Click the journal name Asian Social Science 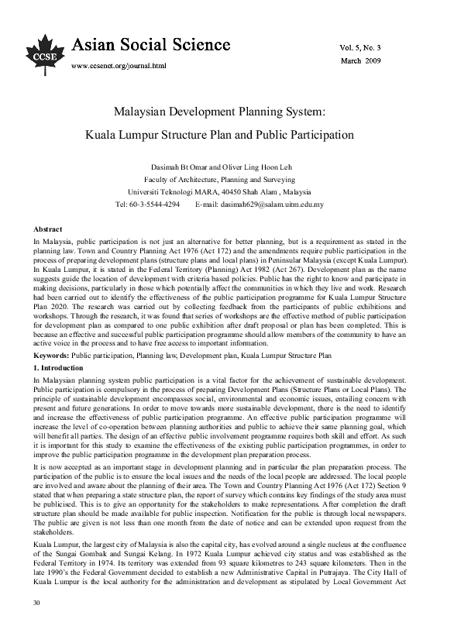coord(151,45)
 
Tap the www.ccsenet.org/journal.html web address coord(119,67)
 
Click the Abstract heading coord(48,230)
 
